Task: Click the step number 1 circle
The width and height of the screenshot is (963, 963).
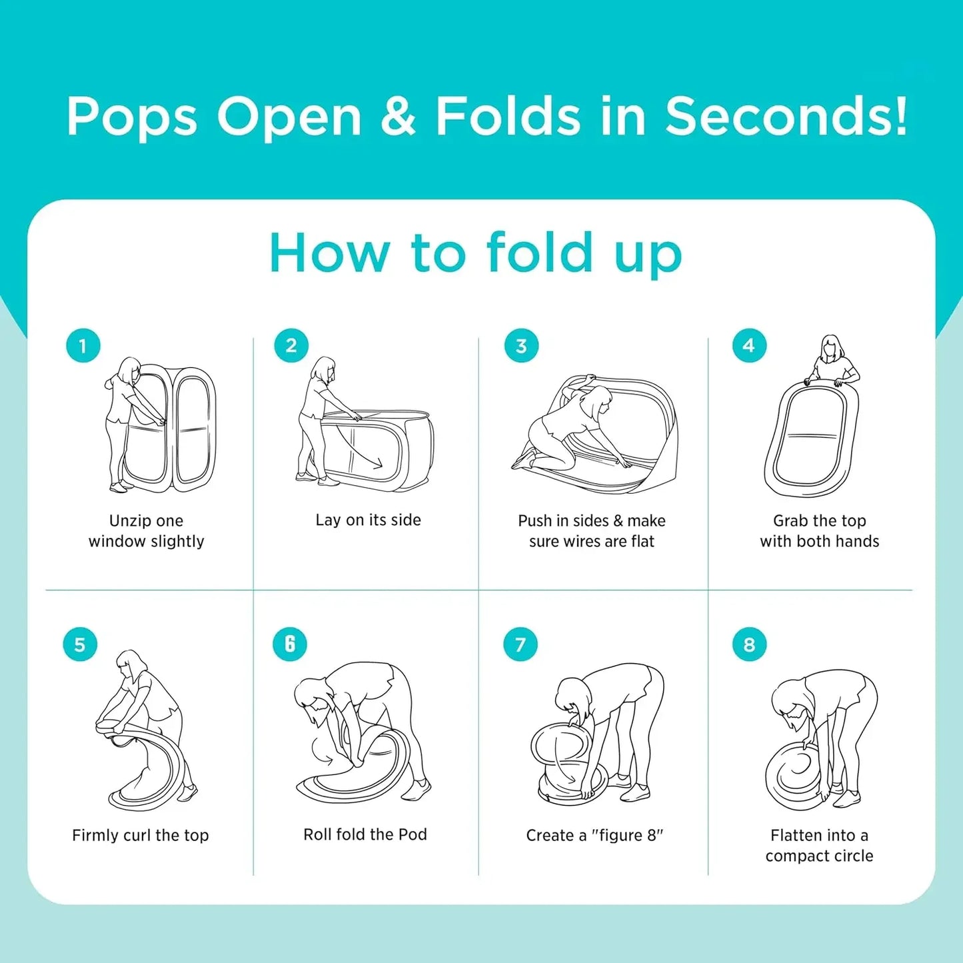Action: pos(83,346)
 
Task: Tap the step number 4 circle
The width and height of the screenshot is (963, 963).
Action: pos(748,345)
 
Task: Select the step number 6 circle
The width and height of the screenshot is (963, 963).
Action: pos(290,644)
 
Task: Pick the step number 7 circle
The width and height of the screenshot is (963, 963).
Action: pos(520,644)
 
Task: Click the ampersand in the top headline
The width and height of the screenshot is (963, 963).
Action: pos(398,117)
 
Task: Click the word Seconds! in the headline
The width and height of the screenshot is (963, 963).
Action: pos(786,117)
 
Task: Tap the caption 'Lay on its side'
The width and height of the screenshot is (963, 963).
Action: pos(369,520)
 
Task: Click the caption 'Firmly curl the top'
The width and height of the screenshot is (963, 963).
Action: pos(141,834)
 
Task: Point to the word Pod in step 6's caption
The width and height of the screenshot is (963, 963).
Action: pos(413,834)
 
